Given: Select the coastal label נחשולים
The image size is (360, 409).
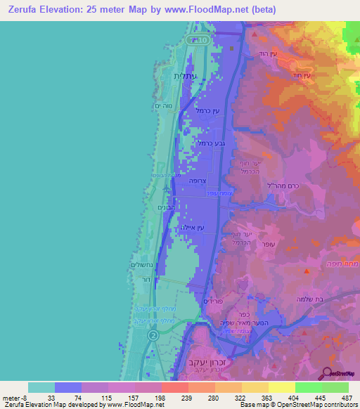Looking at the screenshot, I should pos(142,264).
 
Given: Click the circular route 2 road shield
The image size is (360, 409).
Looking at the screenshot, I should pos(153,336).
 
